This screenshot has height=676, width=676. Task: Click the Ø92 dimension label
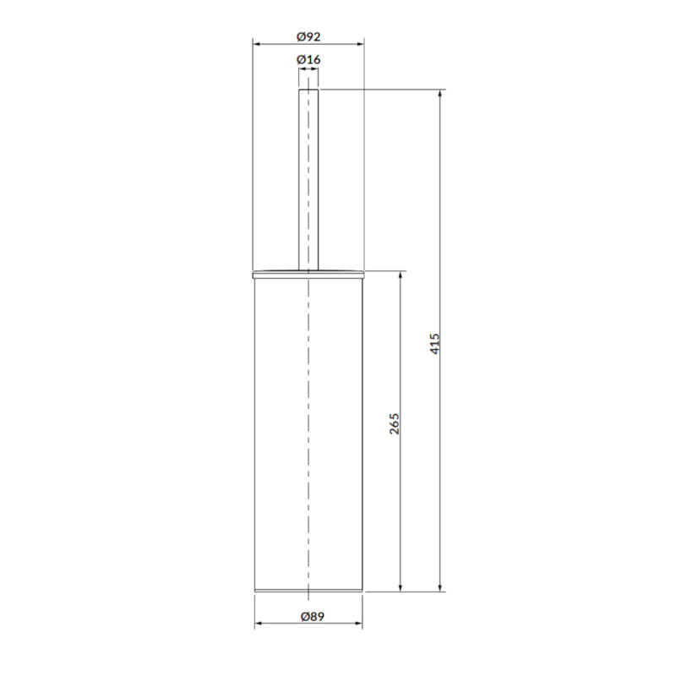point(308,36)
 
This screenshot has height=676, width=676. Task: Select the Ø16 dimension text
point(308,59)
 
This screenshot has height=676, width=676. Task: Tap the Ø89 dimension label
point(312,617)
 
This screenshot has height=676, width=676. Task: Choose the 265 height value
point(395,424)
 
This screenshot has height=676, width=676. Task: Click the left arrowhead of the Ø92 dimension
point(256,44)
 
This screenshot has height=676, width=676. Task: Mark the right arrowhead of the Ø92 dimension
point(361,44)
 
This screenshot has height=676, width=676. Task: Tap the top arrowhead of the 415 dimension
point(439,94)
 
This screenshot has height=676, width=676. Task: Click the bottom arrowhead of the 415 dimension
point(439,587)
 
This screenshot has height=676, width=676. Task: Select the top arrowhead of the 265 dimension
point(401,275)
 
